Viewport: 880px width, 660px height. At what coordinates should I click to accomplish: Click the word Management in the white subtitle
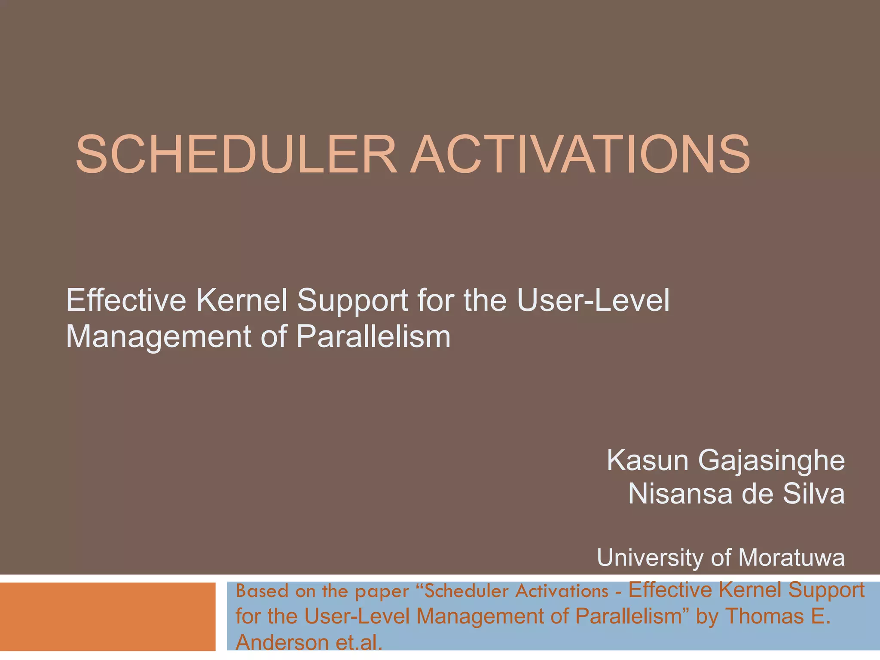click(x=157, y=337)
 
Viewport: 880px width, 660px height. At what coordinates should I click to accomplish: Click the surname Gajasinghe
click(x=771, y=461)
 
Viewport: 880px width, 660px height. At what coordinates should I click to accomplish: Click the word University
click(x=651, y=558)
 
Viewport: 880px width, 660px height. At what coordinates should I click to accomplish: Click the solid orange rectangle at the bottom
click(x=107, y=616)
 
